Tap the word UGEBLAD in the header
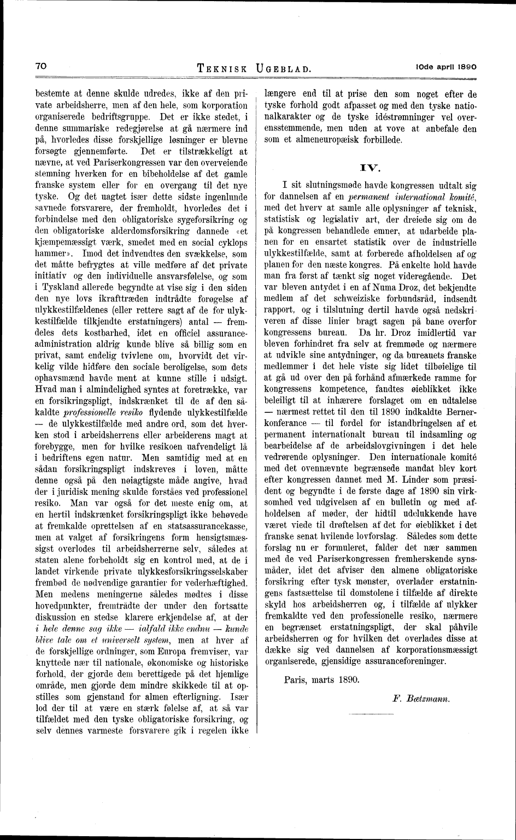click(283, 69)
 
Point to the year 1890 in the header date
click(466, 66)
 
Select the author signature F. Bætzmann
click(421, 699)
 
